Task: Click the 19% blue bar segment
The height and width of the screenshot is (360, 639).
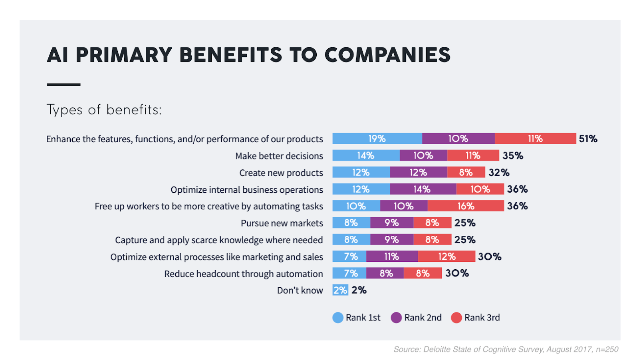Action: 377,139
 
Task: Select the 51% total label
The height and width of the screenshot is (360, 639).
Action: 588,139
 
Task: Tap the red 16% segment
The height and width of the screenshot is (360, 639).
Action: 466,206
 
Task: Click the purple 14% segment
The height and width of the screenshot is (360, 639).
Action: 423,189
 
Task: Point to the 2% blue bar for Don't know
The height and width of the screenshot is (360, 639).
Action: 340,290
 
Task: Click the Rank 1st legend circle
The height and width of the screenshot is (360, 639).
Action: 338,318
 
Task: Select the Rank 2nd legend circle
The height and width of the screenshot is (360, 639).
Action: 396,318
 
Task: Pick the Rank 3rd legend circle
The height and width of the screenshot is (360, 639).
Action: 456,318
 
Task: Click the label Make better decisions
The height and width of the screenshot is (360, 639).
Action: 279,156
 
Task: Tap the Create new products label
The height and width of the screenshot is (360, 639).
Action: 281,173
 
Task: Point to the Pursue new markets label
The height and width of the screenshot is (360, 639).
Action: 282,223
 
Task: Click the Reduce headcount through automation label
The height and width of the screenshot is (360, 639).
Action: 244,274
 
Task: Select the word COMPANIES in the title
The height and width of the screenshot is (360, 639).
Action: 387,55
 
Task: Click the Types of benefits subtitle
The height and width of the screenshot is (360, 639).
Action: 104,110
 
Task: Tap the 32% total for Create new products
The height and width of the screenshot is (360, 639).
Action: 499,172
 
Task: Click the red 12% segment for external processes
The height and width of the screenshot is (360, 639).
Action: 447,257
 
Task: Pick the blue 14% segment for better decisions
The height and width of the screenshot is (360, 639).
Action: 366,155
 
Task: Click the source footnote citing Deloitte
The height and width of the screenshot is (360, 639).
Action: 506,349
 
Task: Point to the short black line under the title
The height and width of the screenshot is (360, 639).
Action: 64,85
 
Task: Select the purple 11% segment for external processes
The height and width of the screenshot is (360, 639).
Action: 392,257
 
